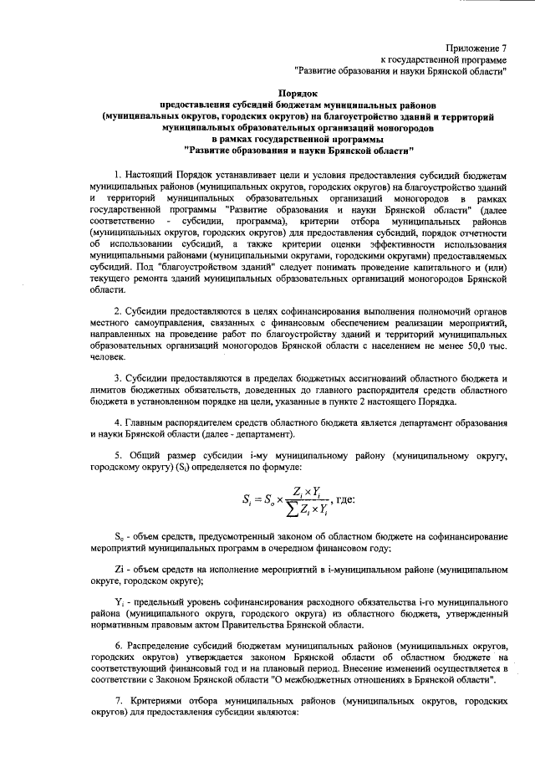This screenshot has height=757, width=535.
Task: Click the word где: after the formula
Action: click(x=345, y=499)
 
